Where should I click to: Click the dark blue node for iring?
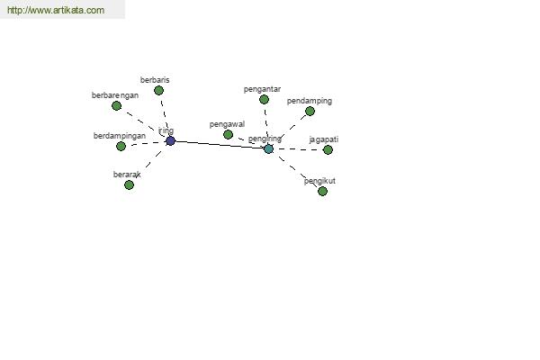pos(170,141)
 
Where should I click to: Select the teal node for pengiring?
pos(268,149)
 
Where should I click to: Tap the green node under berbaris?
pos(158,91)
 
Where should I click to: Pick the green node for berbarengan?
pos(117,106)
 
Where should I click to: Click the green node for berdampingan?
pos(121,146)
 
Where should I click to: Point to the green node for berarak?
pos(129,185)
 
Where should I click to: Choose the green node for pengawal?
pos(228,134)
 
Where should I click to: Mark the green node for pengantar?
pos(264,100)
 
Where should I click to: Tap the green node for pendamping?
pos(310,111)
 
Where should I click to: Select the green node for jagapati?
pos(328,150)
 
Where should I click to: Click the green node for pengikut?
pos(323,191)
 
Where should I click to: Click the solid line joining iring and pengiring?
pos(220,145)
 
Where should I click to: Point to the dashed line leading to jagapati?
pos(298,149)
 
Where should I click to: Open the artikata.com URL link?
pos(56,10)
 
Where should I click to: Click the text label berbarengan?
pos(115,95)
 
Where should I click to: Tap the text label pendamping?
pos(310,102)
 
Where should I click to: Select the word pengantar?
pos(263,90)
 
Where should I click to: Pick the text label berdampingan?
pos(120,136)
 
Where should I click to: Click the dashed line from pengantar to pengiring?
pos(266,124)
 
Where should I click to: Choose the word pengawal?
pos(228,124)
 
